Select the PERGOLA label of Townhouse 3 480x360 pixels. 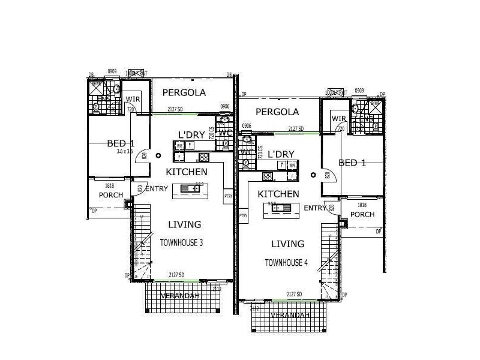184,92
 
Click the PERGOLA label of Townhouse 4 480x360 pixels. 277,112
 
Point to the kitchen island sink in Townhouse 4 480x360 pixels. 280,208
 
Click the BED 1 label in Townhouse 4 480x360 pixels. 352,163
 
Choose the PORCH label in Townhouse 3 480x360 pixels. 111,195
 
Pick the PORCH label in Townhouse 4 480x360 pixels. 362,214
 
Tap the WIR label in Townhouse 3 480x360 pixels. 133,100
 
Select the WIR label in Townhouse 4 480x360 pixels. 338,119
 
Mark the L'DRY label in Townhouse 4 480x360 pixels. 281,154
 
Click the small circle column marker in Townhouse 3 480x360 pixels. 158,155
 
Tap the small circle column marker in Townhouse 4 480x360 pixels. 313,175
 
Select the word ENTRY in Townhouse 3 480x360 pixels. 157,188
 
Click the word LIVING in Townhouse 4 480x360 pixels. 287,244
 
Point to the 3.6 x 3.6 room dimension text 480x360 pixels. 125,152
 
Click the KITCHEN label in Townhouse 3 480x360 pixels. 187,172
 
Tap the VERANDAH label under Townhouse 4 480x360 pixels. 290,316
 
